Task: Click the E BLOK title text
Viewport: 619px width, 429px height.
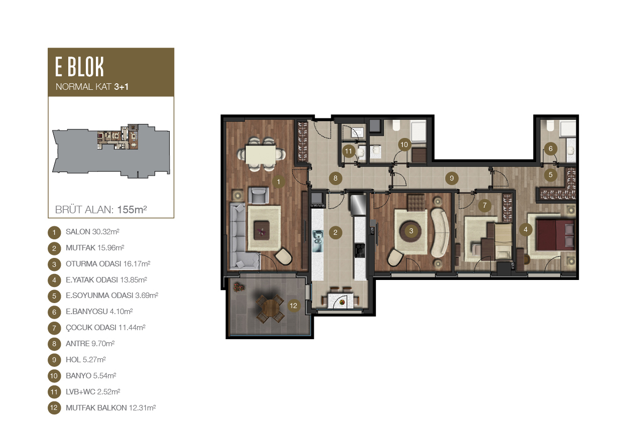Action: coord(79,67)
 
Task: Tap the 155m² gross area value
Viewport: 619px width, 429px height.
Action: coord(132,210)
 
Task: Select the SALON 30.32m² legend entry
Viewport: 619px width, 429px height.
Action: coord(92,232)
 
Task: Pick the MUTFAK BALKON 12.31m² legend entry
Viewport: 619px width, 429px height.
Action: coord(110,408)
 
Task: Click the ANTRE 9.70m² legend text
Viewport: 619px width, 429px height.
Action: coord(90,344)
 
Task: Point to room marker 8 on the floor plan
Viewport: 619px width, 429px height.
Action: coord(335,178)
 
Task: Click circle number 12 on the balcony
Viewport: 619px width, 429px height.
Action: coord(294,306)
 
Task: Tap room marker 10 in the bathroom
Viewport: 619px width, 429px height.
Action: coord(404,145)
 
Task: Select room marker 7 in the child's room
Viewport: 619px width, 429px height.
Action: coord(484,205)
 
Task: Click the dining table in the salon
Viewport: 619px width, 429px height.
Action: coord(261,155)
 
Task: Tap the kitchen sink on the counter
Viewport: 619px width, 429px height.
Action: coord(317,241)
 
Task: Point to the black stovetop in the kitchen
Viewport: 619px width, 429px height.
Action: coord(359,250)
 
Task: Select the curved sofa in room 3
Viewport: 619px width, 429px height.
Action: coord(440,232)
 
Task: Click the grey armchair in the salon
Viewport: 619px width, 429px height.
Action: coord(259,196)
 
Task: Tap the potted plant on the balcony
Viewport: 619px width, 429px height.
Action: coord(238,287)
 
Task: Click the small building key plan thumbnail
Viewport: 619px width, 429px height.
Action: coord(111,151)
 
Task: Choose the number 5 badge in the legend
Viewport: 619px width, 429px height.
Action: coord(54,296)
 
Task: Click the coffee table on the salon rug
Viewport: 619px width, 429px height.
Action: coord(262,230)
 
